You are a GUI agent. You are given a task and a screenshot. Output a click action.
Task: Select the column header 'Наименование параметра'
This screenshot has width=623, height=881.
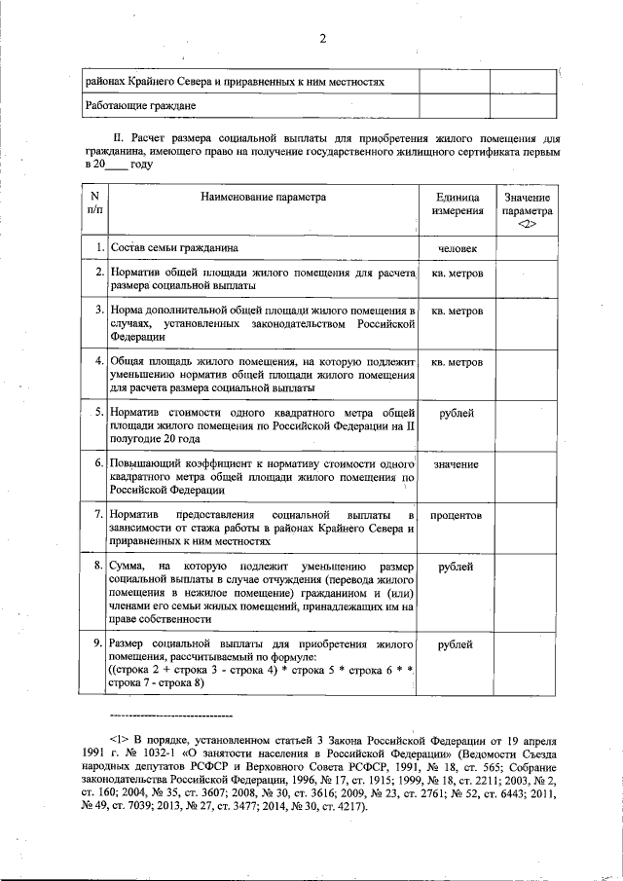pos(264,197)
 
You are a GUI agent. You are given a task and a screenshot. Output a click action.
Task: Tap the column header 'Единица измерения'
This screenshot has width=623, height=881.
pos(456,203)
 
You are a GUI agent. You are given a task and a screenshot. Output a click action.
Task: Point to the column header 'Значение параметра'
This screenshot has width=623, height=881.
pos(527,210)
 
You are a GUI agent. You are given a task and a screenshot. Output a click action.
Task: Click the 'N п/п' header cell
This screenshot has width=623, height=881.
pos(93,203)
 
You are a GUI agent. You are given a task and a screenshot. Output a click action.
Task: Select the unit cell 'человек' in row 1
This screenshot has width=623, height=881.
pos(456,248)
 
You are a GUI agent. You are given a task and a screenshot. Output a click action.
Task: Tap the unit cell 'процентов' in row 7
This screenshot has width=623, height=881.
pos(456,515)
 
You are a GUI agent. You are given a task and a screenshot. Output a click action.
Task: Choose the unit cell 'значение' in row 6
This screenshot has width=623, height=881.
pos(456,464)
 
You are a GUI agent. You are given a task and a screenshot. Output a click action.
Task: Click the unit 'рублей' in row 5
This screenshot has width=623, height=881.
pos(456,414)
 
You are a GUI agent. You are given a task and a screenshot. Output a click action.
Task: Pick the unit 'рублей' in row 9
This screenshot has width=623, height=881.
pos(456,644)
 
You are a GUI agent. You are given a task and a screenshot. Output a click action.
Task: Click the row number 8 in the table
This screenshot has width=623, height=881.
pos(99,566)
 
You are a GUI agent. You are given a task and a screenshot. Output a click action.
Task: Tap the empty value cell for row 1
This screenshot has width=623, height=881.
pos(527,248)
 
